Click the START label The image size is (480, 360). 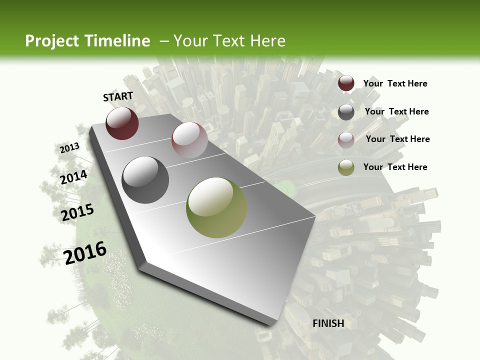[x=118, y=96]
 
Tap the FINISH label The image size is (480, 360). [x=328, y=323]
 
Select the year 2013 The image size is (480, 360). [x=69, y=147]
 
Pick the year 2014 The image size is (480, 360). [x=73, y=177]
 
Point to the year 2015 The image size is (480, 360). [x=77, y=212]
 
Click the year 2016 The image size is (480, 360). [x=85, y=252]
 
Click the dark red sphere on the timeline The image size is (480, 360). [x=122, y=123]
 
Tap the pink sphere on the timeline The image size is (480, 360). [x=189, y=140]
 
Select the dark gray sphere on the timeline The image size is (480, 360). [x=145, y=180]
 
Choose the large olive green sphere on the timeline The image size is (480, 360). [x=216, y=207]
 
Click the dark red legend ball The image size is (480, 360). [x=346, y=83]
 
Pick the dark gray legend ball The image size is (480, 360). [x=346, y=112]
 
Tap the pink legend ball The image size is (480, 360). [x=346, y=140]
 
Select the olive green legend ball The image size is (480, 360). [x=346, y=168]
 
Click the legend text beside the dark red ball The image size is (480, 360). [x=395, y=83]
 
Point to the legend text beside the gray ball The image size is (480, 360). [x=396, y=111]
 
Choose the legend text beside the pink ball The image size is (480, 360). [x=397, y=139]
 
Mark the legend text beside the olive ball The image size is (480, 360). [x=395, y=167]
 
